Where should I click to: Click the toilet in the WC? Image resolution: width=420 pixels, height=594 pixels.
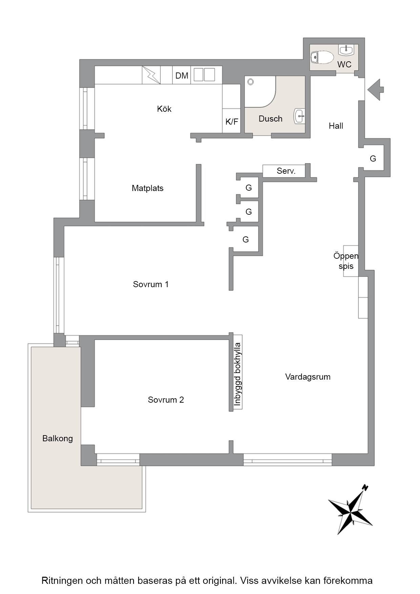tap(322, 57)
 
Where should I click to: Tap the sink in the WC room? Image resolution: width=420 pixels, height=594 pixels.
tap(345, 50)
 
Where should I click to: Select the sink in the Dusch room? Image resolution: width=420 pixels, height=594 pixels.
tap(299, 116)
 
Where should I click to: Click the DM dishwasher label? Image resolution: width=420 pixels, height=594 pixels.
tap(182, 76)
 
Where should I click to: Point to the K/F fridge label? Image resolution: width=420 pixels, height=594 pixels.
tap(232, 122)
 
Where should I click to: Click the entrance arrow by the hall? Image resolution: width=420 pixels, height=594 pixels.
tap(376, 90)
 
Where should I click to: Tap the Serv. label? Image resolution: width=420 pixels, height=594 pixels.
tap(286, 171)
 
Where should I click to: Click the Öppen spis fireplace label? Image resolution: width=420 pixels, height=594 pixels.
tap(346, 261)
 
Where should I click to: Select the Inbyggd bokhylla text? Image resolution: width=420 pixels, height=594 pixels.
tap(237, 374)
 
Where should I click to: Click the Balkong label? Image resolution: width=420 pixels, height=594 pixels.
tap(58, 439)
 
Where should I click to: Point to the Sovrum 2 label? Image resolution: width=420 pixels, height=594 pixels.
tap(166, 400)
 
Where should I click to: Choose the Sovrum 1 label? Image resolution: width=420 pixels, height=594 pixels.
tap(151, 284)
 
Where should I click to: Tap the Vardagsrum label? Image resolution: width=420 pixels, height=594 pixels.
tap(308, 377)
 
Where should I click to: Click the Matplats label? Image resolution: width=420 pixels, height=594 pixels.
tap(148, 188)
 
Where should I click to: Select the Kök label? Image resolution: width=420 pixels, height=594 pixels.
tap(164, 109)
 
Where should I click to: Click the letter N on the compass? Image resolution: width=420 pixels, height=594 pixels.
tap(365, 488)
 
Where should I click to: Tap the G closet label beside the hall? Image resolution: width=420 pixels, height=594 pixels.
tap(373, 158)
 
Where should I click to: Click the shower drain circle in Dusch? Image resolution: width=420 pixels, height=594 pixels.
tap(251, 82)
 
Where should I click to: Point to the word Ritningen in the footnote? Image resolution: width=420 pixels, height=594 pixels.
tap(62, 580)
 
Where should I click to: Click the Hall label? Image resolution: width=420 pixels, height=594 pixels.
tap(336, 126)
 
